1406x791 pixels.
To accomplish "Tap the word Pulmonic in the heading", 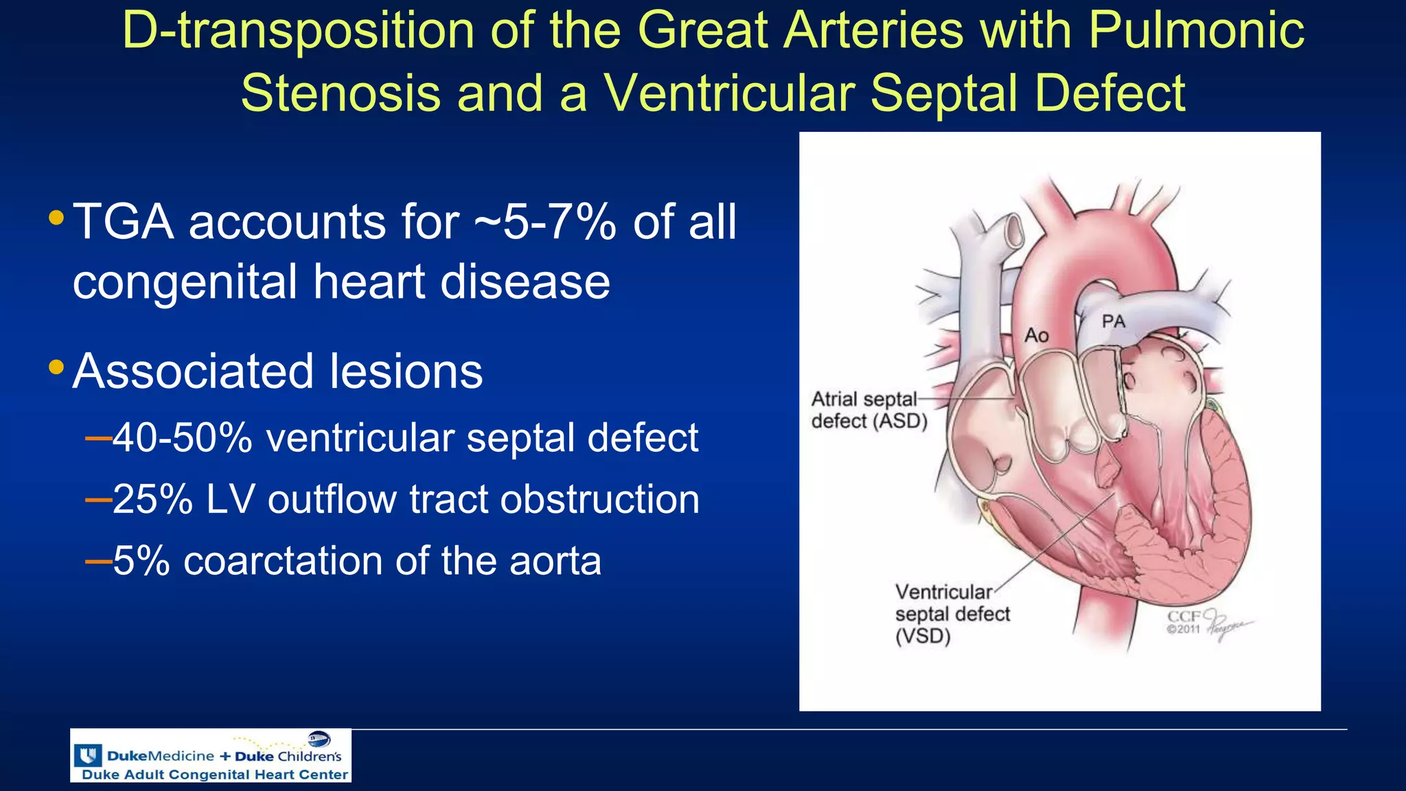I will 1196,30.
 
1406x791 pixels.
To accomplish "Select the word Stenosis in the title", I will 341,93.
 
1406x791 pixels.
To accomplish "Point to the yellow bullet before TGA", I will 57,219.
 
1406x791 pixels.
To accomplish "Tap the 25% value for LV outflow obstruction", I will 152,498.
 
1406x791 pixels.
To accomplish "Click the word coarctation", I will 283,560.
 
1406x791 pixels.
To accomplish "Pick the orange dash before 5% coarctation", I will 98,562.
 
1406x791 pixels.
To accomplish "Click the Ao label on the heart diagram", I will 1037,335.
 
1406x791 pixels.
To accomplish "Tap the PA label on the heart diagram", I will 1114,321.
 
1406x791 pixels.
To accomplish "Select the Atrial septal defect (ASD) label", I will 868,410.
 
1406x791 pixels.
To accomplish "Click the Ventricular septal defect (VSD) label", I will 952,613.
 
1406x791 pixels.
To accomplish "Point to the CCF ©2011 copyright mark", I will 1184,622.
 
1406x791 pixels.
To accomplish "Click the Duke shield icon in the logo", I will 88,755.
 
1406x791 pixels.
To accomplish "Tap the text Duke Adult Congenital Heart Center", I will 215,775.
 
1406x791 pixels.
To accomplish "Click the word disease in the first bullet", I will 525,282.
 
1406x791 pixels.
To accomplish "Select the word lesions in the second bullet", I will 405,371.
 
